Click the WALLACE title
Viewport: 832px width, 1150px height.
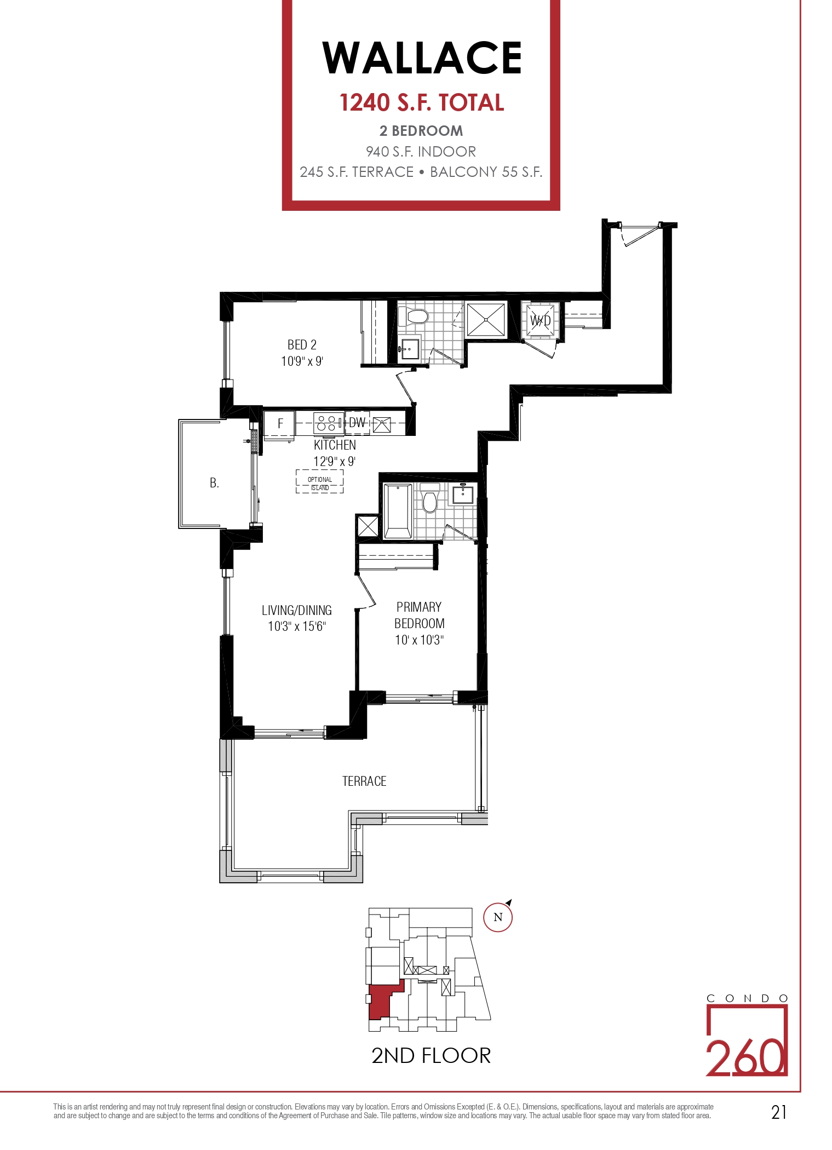click(x=422, y=58)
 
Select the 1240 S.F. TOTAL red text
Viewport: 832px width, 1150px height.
click(x=422, y=103)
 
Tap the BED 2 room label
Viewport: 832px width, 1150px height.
click(x=302, y=345)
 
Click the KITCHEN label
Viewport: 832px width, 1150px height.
click(x=335, y=445)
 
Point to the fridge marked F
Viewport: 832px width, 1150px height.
click(x=279, y=424)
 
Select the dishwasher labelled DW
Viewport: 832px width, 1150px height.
click(x=357, y=423)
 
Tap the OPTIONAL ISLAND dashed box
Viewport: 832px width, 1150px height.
click(x=320, y=481)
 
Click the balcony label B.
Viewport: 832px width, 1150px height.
click(x=214, y=483)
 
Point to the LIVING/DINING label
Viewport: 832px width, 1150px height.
click(x=297, y=611)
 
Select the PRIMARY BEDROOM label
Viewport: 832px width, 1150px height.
click(x=420, y=616)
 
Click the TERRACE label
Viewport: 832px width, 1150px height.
click(x=364, y=781)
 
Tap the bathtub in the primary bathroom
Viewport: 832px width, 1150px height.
click(x=397, y=511)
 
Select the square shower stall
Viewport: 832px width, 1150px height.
click(x=485, y=320)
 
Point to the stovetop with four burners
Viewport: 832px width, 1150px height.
click(x=328, y=423)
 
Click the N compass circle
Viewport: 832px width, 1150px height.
click(x=498, y=917)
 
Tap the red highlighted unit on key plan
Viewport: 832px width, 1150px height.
click(x=382, y=1001)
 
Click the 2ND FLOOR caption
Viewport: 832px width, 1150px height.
click(x=431, y=1056)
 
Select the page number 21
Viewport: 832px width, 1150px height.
click(x=779, y=1112)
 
